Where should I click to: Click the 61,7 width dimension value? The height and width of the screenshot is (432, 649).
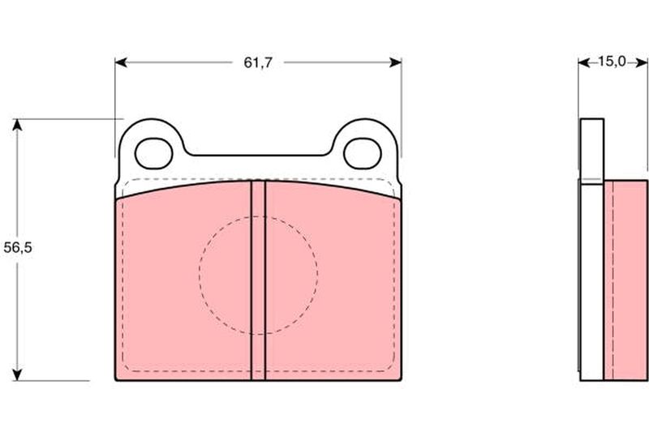(258, 62)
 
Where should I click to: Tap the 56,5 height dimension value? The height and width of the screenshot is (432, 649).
(17, 248)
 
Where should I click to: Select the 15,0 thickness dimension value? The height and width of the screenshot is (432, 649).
(612, 62)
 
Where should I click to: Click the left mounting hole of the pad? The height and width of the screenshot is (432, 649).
(153, 153)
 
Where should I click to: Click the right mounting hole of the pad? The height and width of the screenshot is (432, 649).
(362, 153)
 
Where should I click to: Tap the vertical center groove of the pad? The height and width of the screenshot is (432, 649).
(258, 280)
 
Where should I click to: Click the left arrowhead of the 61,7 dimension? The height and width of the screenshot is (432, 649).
(120, 62)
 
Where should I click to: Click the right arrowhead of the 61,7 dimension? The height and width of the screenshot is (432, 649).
(396, 62)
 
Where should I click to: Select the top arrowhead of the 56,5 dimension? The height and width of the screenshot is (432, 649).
(17, 125)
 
